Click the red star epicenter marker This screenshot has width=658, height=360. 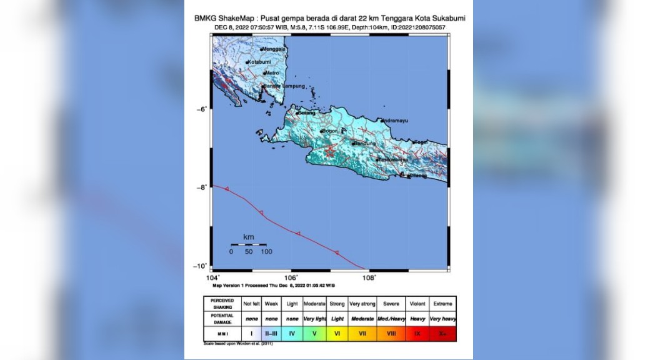(x=329, y=151)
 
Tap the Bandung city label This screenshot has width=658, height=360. (x=365, y=144)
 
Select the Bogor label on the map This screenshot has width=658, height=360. (x=331, y=131)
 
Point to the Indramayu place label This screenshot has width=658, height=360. (x=394, y=120)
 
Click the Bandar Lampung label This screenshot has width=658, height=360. (x=285, y=86)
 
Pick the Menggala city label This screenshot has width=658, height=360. (x=274, y=49)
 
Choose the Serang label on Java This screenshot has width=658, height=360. (x=306, y=113)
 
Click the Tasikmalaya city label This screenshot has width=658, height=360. (x=392, y=159)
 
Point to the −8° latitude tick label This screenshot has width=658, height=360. (x=201, y=187)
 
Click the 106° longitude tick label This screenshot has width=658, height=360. (x=291, y=277)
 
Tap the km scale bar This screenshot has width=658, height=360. (x=249, y=244)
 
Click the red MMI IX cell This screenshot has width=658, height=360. (x=417, y=334)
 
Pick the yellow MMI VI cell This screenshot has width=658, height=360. (x=337, y=334)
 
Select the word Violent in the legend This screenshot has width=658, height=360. (x=417, y=304)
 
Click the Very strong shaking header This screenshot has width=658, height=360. (x=362, y=304)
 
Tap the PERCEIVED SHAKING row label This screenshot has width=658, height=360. (x=222, y=304)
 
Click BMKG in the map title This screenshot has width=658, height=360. (x=206, y=18)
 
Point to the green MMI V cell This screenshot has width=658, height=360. (x=314, y=334)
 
